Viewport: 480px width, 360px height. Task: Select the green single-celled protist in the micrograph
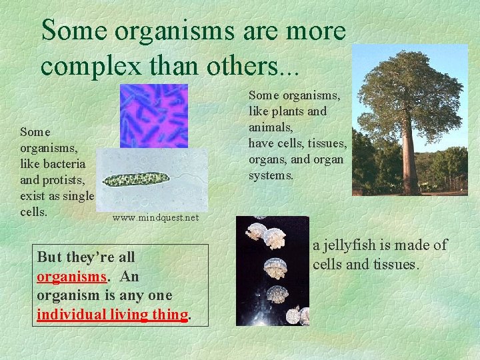[x=137, y=179]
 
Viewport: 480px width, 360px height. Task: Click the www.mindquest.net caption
[x=155, y=217]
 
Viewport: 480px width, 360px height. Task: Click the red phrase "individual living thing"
[x=112, y=314]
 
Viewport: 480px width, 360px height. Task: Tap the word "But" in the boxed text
[x=48, y=257]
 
